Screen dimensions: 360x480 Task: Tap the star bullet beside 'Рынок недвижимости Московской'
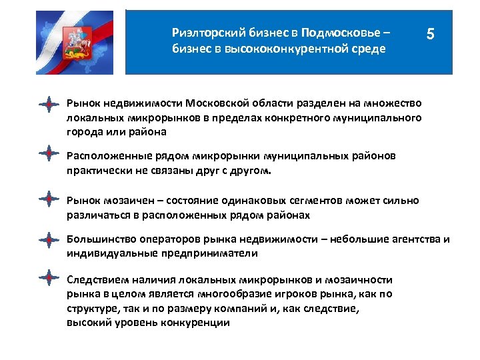pyautogui.click(x=49, y=104)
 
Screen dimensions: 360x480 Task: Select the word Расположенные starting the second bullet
pyautogui.click(x=105, y=157)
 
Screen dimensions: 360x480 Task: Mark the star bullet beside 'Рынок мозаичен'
pyautogui.click(x=49, y=199)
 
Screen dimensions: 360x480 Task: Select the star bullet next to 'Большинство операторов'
pyautogui.click(x=49, y=239)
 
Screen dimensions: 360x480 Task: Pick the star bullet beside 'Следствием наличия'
pyautogui.click(x=49, y=277)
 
